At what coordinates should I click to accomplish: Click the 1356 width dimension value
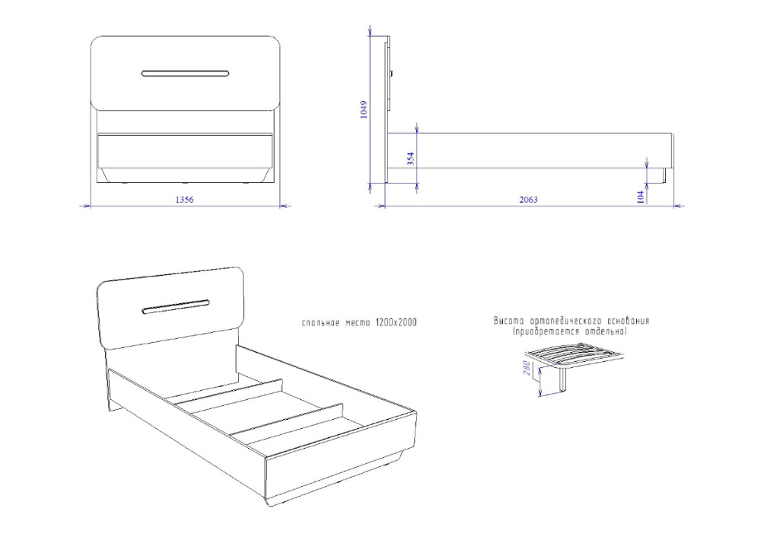[x=184, y=200]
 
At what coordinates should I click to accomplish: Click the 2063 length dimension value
[x=529, y=200]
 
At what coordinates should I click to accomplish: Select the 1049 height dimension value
[x=364, y=110]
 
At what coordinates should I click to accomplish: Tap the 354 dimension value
[x=411, y=159]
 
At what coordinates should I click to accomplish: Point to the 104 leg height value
[x=641, y=197]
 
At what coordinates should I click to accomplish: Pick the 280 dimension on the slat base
[x=527, y=368]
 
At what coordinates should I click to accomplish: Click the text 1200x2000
[x=396, y=323]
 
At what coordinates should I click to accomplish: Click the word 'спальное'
[x=320, y=323]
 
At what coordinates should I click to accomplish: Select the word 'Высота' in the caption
[x=509, y=321]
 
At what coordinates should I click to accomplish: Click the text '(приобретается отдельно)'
[x=569, y=331]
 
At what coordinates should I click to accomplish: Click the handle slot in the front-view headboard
[x=186, y=74]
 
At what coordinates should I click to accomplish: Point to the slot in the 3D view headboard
[x=176, y=308]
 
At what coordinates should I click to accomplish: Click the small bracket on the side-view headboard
[x=391, y=74]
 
